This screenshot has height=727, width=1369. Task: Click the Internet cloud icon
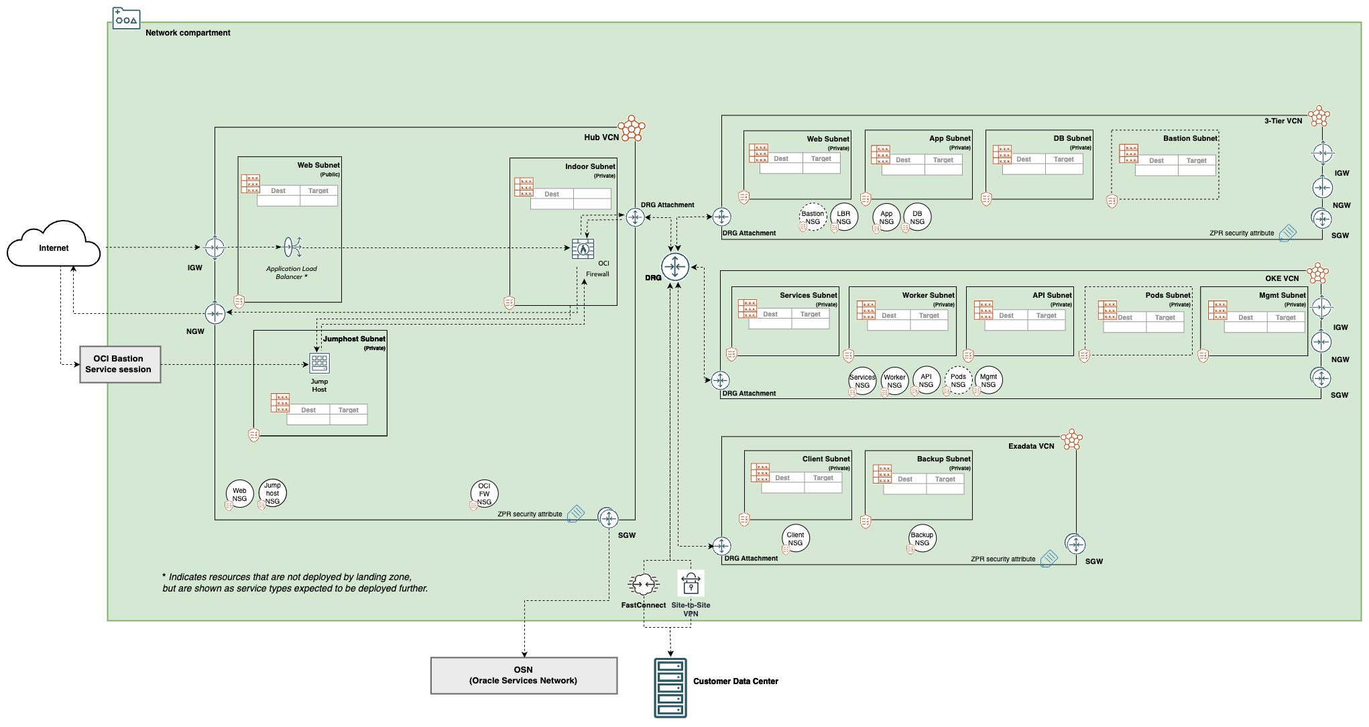(x=54, y=245)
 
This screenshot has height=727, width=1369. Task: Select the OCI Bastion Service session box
(x=120, y=364)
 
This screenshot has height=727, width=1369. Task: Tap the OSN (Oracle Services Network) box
(x=524, y=675)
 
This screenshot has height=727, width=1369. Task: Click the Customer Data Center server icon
(x=670, y=688)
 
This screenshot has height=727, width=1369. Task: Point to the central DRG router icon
(x=675, y=267)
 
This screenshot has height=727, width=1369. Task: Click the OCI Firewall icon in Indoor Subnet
(x=583, y=249)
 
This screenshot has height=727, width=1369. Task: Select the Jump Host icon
(x=319, y=363)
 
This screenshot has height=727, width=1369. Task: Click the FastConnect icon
(x=643, y=585)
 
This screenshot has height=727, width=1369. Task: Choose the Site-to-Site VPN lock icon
(x=691, y=583)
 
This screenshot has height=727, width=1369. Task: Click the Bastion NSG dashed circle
(x=813, y=217)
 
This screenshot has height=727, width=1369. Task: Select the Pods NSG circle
(x=958, y=380)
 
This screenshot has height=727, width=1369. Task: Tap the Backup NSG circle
(x=922, y=539)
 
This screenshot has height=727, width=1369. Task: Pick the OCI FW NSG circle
(x=484, y=494)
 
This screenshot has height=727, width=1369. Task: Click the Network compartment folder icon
(x=126, y=18)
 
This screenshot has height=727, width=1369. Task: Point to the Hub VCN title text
(x=601, y=137)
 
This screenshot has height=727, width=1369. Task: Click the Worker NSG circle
(x=894, y=381)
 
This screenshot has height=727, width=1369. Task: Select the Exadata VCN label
(x=1031, y=446)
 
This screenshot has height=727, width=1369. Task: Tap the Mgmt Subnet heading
(x=1282, y=295)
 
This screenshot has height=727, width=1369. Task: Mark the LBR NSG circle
(x=843, y=217)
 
